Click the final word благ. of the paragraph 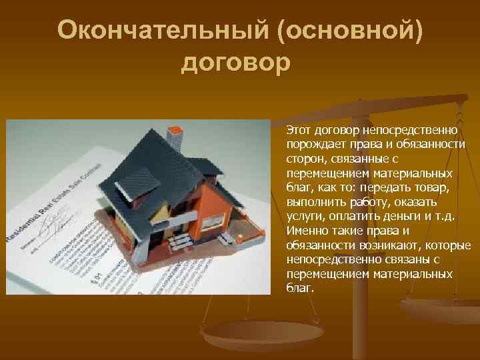(x=299, y=288)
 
